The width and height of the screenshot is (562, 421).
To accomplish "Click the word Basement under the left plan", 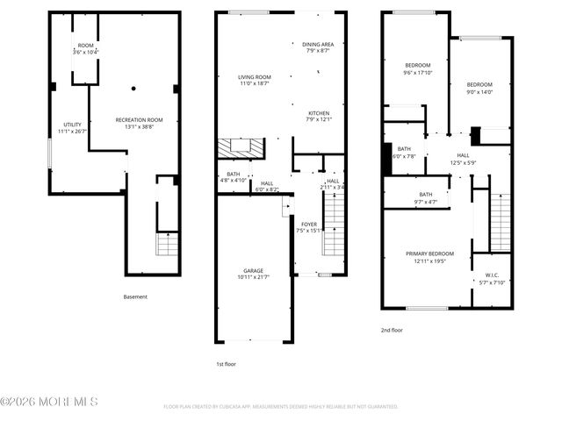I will click(x=135, y=297).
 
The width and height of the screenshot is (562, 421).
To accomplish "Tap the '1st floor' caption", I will click(x=227, y=363).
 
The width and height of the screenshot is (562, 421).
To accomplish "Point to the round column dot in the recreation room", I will click(x=133, y=88).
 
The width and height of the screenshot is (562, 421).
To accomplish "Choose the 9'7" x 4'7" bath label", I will click(x=425, y=198).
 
